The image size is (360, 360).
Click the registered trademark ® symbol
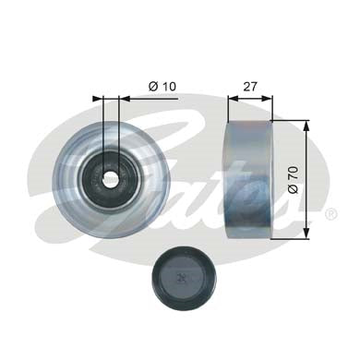pos(330,214)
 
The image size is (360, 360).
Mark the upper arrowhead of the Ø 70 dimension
pos(306,124)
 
